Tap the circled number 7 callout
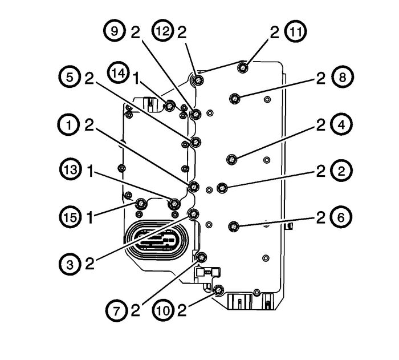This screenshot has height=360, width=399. pyautogui.click(x=116, y=310)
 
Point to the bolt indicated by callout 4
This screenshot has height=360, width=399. pyautogui.click(x=232, y=158)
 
